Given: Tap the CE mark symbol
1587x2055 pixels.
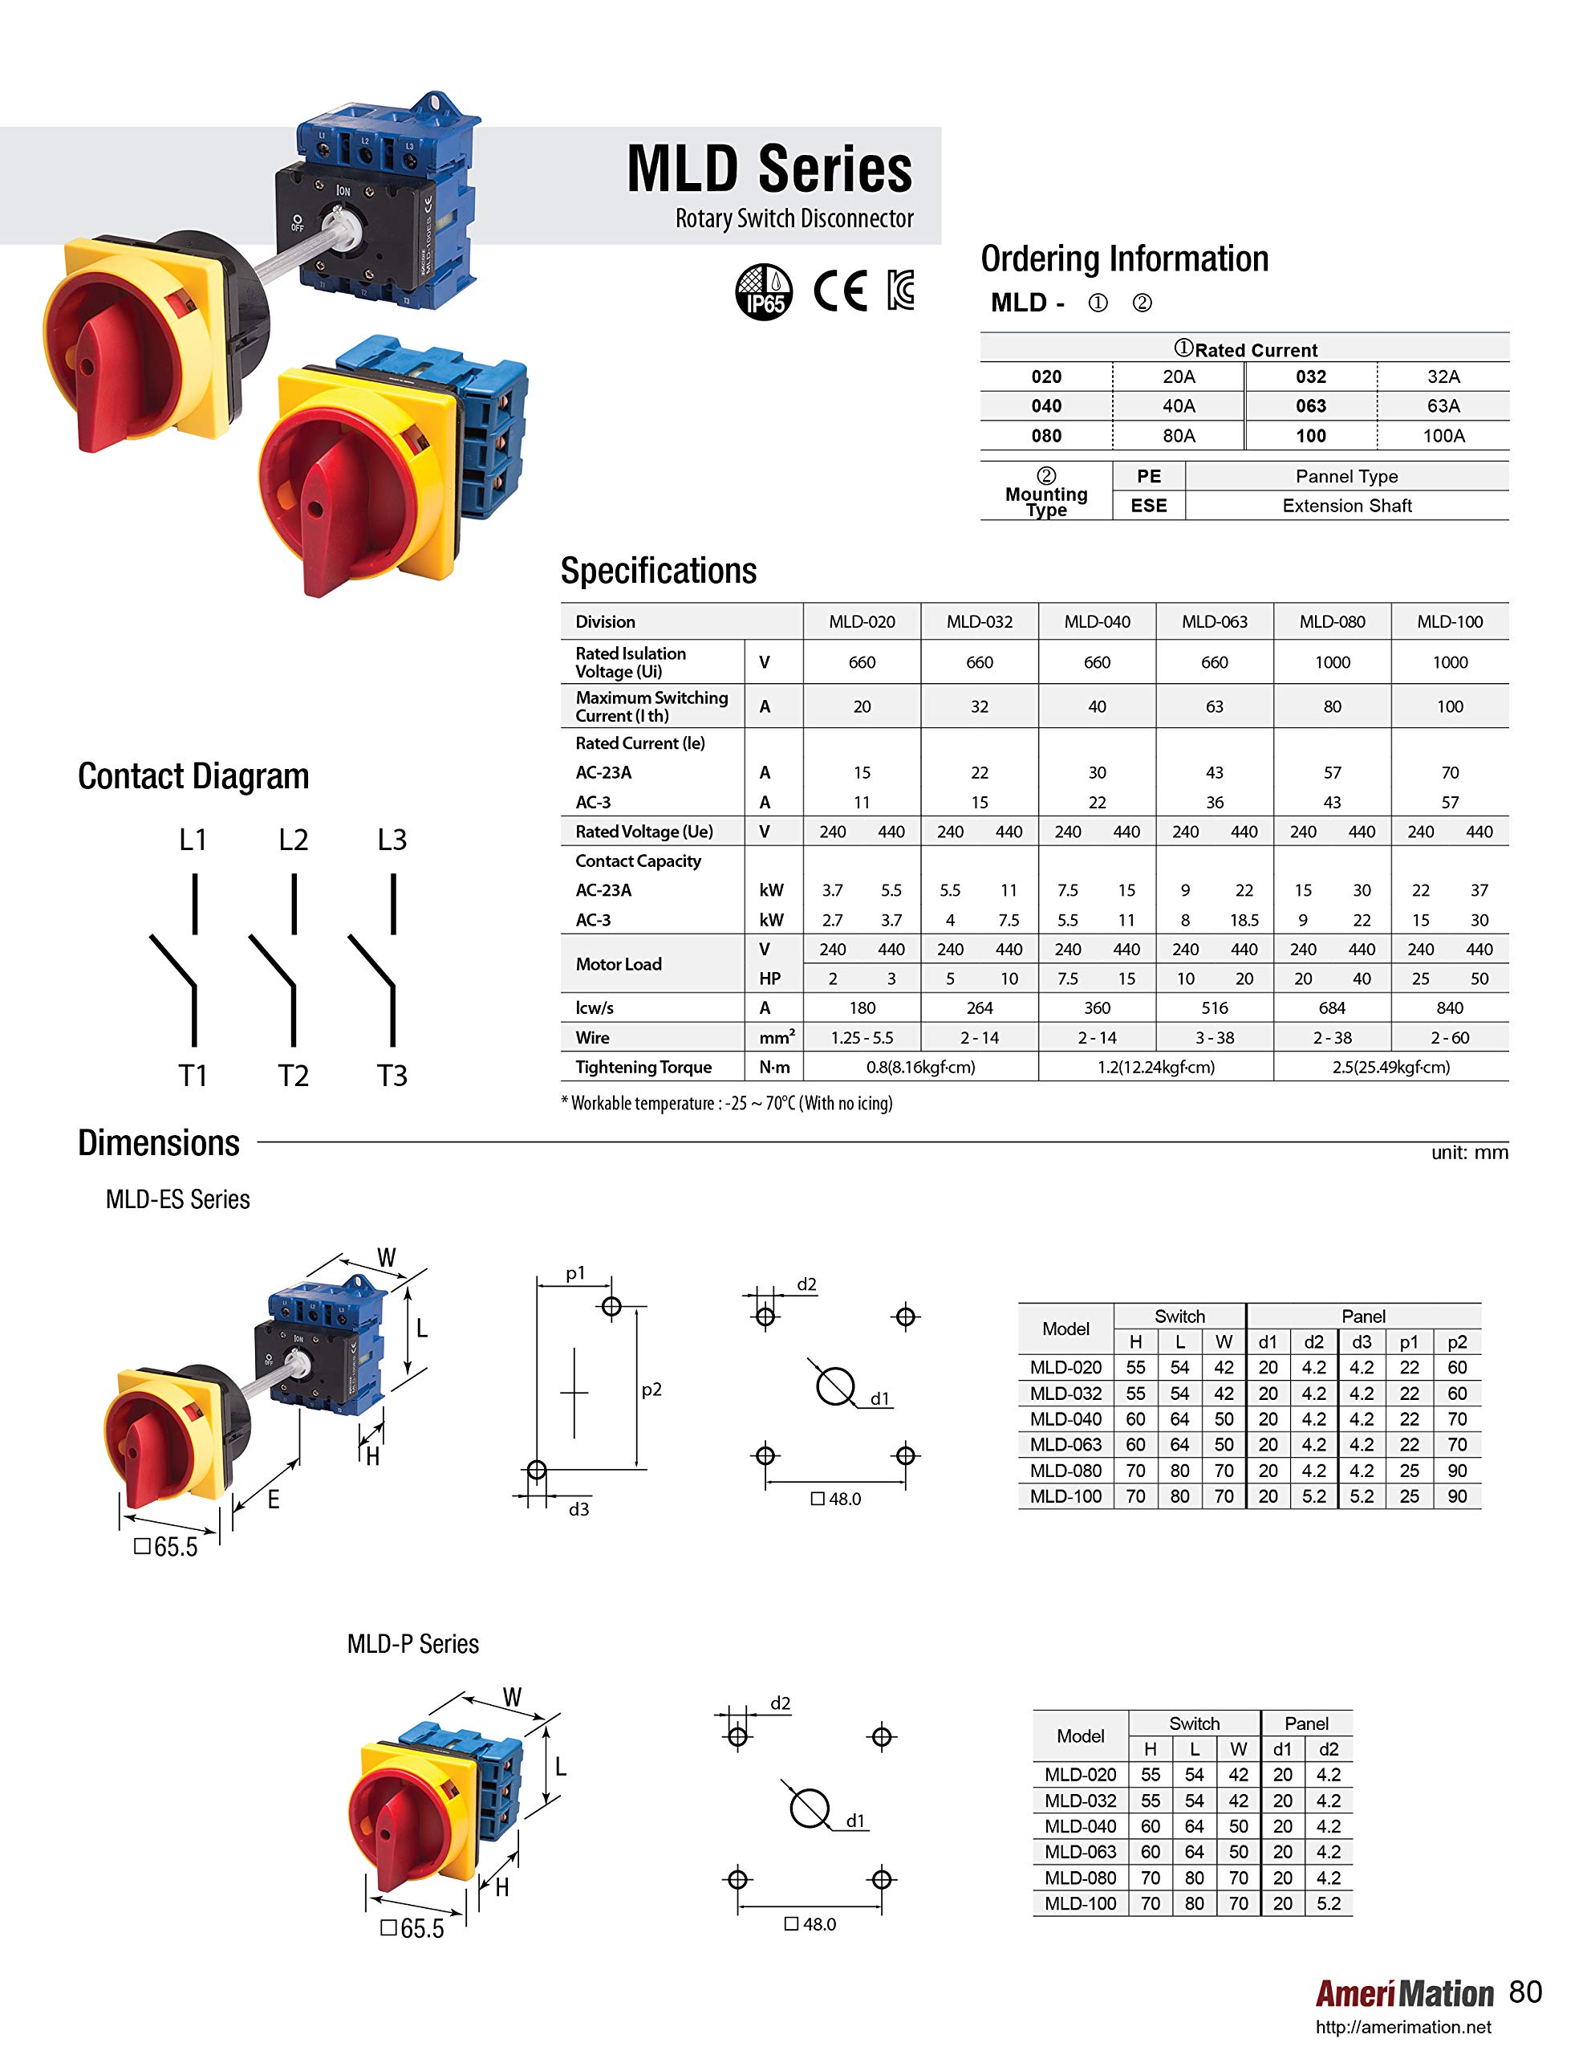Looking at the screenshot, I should point(839,291).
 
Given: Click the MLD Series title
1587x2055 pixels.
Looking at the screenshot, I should point(769,169).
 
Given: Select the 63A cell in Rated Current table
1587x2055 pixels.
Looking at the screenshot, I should point(1442,405).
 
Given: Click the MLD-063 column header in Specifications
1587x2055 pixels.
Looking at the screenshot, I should point(1214,622).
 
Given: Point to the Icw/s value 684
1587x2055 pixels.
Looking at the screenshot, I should point(1331,1007).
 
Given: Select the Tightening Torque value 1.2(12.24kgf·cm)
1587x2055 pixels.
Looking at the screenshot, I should point(1155,1067).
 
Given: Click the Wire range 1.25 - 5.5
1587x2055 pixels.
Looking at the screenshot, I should point(862,1038).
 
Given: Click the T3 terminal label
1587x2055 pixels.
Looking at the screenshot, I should point(392,1076).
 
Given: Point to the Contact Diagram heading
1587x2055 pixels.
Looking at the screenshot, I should point(193,776).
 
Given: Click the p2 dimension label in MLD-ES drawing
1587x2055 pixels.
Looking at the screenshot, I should point(651,1389).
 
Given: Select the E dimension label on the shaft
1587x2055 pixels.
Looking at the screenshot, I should point(273,1499).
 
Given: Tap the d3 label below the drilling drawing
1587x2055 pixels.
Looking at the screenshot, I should point(578,1509).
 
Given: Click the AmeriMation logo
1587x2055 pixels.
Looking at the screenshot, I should point(1403,1993).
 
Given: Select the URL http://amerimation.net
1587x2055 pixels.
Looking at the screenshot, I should point(1402,2027).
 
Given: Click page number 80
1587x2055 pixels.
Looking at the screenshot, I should point(1525,1991).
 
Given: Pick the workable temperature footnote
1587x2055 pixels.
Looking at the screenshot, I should point(726,1103).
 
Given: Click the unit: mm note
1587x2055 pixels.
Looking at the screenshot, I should point(1468,1153).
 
